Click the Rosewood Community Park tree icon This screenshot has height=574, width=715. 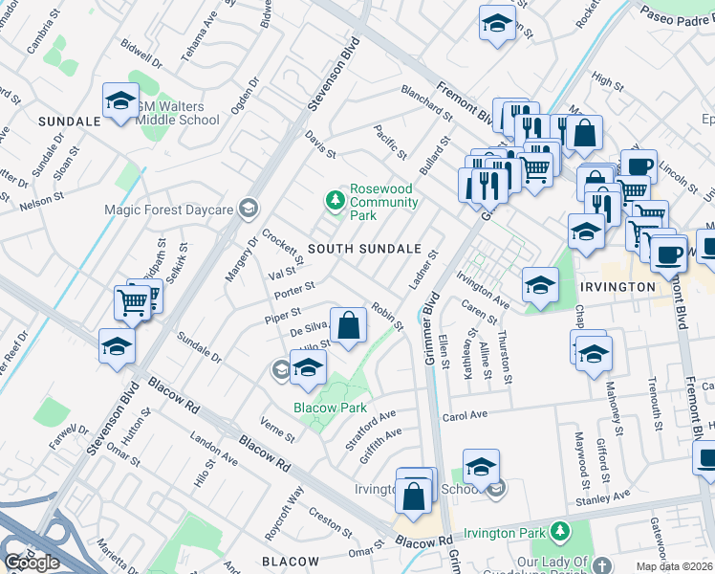coord(335,200)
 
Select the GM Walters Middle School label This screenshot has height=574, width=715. coord(178,113)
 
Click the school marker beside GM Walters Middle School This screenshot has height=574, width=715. coord(120,101)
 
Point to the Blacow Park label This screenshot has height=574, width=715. coord(330,408)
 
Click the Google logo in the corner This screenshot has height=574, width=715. coord(31,563)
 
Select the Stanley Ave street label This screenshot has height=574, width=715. coord(602,496)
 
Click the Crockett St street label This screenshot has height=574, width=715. coord(282,246)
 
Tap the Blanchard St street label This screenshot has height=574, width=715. coord(425,103)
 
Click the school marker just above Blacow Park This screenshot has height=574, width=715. coord(309,368)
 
